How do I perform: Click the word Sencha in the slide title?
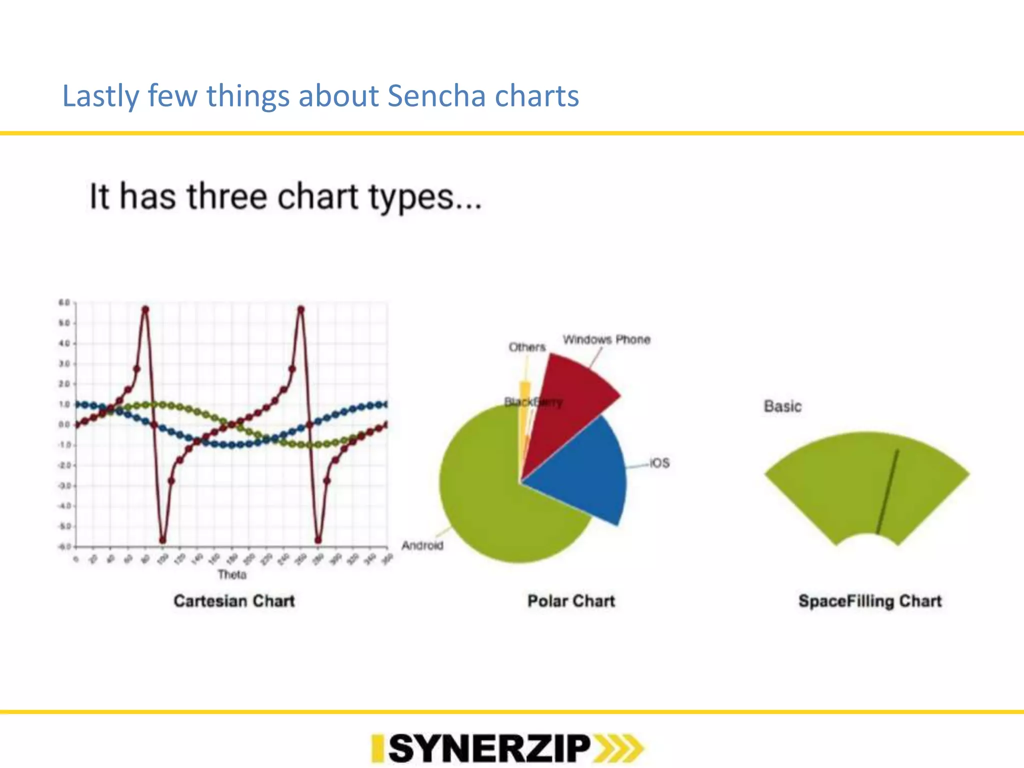(x=435, y=96)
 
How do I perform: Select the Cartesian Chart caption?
(x=234, y=600)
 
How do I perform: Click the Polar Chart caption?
(x=571, y=600)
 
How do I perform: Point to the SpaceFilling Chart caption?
(x=869, y=600)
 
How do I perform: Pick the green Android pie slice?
(x=490, y=500)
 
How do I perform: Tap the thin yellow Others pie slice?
(x=525, y=400)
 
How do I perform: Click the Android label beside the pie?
(x=422, y=545)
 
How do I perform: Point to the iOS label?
(x=659, y=463)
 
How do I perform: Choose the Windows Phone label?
(x=606, y=339)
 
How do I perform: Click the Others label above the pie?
(x=526, y=347)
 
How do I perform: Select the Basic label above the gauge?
(x=782, y=406)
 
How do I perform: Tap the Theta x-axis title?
(x=232, y=574)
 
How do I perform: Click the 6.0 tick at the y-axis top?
(x=64, y=302)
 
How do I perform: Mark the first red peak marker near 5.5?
(x=145, y=309)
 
